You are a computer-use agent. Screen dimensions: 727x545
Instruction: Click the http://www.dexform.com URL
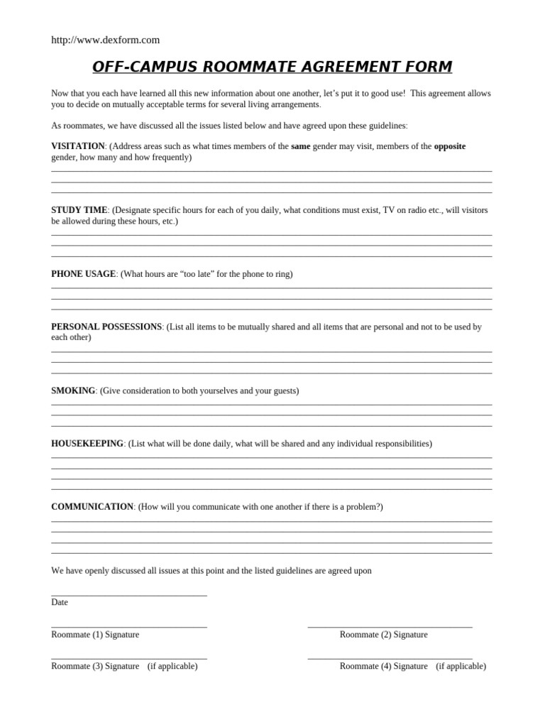(105, 40)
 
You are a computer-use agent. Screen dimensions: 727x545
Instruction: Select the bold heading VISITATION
(78, 146)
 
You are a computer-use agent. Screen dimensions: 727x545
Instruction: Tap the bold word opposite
(450, 146)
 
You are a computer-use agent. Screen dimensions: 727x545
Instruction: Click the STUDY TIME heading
(79, 210)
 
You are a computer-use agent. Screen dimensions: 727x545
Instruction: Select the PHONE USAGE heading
(83, 274)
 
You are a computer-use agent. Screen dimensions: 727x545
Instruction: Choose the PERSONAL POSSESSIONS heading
(106, 327)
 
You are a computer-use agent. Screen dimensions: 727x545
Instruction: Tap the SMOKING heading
(73, 390)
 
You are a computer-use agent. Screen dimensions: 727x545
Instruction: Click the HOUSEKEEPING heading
(87, 444)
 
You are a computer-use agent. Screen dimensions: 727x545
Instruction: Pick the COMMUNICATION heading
(92, 507)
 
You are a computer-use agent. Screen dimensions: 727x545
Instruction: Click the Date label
(60, 602)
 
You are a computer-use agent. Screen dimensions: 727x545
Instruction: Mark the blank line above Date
(129, 595)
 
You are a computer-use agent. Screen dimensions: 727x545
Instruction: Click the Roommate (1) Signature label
(95, 635)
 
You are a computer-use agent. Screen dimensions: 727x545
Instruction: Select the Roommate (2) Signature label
(383, 635)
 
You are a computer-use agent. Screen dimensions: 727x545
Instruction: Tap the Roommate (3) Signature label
(95, 667)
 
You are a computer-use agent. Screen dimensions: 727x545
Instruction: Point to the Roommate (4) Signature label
(383, 667)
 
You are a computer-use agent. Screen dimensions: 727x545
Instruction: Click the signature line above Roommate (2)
(390, 627)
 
